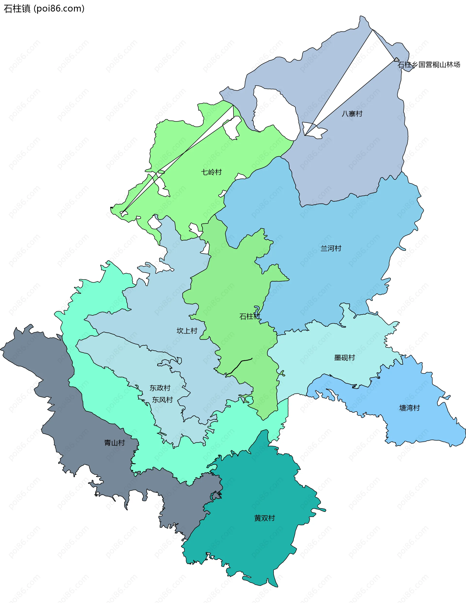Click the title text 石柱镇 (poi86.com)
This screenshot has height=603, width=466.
click(x=44, y=9)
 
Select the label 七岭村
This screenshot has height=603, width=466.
click(x=211, y=172)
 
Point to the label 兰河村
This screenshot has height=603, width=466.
click(x=331, y=248)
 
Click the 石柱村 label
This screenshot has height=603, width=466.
click(x=250, y=316)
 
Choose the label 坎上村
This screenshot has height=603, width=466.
click(x=187, y=330)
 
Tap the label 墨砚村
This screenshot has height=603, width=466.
click(x=344, y=358)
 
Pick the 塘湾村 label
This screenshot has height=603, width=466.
click(x=409, y=408)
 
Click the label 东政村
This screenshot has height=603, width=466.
click(x=160, y=388)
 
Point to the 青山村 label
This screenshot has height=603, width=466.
click(x=115, y=443)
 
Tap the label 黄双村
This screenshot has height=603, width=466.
click(x=264, y=518)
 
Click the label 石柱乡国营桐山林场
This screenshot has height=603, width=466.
click(x=429, y=65)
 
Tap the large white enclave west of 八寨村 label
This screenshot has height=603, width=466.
click(x=276, y=111)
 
